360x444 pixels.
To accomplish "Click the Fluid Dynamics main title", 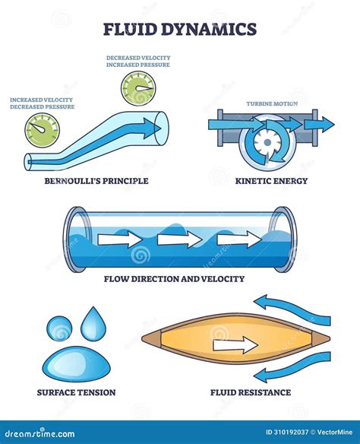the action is [180, 29].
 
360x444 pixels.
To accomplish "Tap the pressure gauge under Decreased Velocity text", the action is [138, 89].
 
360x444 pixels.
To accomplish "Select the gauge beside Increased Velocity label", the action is [42, 130].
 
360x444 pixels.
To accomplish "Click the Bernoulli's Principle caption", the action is [96, 181].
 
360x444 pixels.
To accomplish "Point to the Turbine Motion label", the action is [272, 103].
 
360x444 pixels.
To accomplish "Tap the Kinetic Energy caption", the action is [271, 181].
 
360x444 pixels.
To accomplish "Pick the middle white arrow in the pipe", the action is [179, 239].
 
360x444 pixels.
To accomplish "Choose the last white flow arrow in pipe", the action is [239, 239].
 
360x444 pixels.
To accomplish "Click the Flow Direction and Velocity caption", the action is [174, 279].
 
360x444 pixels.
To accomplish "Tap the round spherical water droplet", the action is [59, 328].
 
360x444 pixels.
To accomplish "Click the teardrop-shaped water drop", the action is [93, 324].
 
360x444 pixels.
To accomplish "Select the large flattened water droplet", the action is [76, 364].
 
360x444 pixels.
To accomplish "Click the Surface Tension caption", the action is [77, 392].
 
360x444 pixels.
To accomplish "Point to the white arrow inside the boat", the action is [235, 345].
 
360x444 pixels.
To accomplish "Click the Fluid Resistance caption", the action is [251, 392].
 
